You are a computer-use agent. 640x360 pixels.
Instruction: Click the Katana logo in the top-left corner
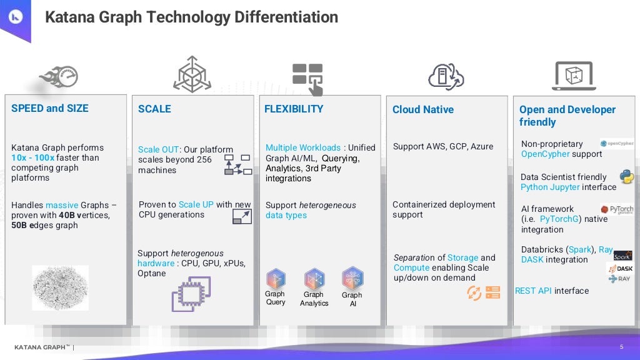pyautogui.click(x=14, y=17)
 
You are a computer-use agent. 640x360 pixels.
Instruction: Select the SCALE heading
pyautogui.click(x=154, y=109)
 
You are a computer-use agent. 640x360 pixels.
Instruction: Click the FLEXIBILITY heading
pyautogui.click(x=294, y=109)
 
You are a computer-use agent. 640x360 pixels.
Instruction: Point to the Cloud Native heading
pyautogui.click(x=423, y=109)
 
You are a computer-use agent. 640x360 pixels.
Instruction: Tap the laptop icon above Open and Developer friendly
pyautogui.click(x=574, y=76)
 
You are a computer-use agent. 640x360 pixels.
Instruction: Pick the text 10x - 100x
pyautogui.click(x=32, y=157)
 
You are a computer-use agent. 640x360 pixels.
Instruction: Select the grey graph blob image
pyautogui.click(x=60, y=287)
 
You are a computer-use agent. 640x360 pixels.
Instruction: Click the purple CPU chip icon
pyautogui.click(x=191, y=294)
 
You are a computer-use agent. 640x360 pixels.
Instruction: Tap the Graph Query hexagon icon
pyautogui.click(x=276, y=279)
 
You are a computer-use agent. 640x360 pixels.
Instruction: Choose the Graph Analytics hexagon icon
pyautogui.click(x=314, y=279)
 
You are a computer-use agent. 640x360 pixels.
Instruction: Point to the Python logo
pyautogui.click(x=626, y=176)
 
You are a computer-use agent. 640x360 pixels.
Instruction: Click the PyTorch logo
pyautogui.click(x=617, y=210)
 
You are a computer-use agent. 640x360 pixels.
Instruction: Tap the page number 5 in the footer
pyautogui.click(x=621, y=347)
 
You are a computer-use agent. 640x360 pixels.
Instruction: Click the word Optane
pyautogui.click(x=152, y=273)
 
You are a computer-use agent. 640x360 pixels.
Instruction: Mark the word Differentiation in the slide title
pyautogui.click(x=286, y=17)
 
